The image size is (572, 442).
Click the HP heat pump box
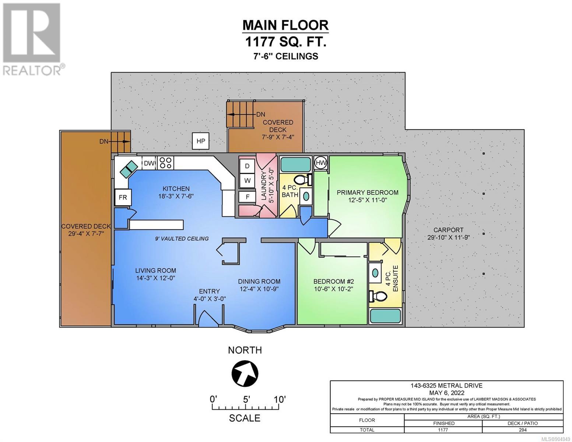coord(201,141)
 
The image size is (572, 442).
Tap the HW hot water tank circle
coord(320,163)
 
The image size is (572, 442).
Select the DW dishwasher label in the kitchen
coord(149,163)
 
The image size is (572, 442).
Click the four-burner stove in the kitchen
coord(166,163)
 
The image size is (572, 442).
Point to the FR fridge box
coord(123,197)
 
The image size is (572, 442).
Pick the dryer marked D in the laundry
coord(247,166)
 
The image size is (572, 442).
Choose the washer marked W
coord(247,180)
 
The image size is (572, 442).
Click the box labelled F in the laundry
coord(247,197)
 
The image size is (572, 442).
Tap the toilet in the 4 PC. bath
coord(303,180)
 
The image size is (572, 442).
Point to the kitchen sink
coord(129,168)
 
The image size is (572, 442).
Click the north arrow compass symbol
coord(245,373)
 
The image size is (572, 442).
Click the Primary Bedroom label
coord(368,192)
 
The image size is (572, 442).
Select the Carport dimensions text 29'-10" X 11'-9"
coord(449,237)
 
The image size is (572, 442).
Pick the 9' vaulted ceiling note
coord(182,239)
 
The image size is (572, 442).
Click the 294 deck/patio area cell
coord(523,430)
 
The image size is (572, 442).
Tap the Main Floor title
coord(285,25)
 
